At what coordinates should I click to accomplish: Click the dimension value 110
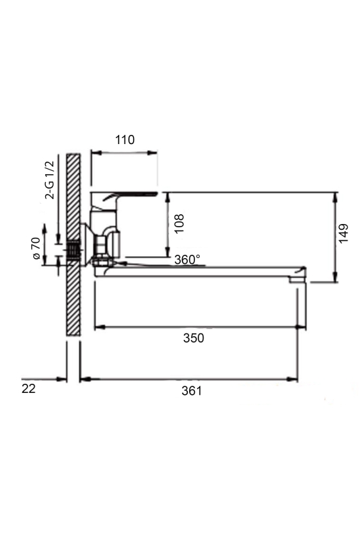125,139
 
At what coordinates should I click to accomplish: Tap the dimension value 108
179,223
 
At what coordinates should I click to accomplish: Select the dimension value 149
343,233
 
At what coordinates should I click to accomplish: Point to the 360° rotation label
187,259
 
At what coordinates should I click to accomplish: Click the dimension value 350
194,338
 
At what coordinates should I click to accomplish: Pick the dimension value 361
192,390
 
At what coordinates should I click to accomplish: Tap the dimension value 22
28,389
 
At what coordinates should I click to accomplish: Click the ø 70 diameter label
36,248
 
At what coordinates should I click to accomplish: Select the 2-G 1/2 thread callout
50,180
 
